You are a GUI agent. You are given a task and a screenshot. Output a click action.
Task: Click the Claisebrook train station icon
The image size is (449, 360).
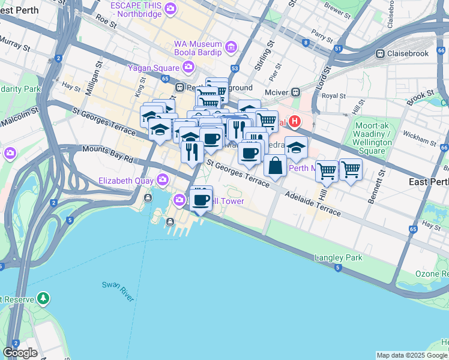pos(380,53)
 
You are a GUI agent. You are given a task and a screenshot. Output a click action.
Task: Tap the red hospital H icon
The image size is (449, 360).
pos(294,122)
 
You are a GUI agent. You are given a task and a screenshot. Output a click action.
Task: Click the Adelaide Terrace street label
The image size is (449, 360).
pos(312,204)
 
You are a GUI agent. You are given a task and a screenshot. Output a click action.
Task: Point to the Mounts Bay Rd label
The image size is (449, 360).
pos(107,154)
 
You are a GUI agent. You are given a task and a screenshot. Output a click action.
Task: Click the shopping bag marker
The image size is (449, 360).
pos(275,166)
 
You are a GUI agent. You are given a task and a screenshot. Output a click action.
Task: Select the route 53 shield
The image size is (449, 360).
pos(235,69)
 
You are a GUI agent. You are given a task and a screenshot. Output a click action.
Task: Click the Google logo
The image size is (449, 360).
pos(19,353)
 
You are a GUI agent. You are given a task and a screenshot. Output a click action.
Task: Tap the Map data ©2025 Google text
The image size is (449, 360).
pos(412,355)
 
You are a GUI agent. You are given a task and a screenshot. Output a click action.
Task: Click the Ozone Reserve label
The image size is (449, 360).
pos(432,274)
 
